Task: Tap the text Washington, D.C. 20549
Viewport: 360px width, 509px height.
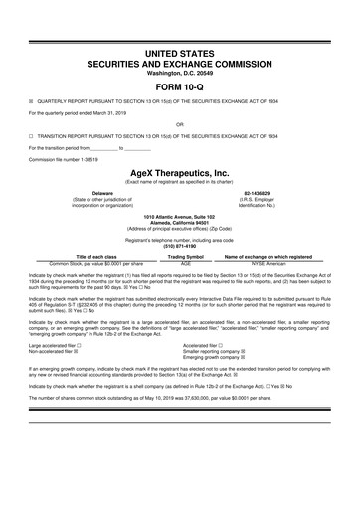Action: (x=179, y=72)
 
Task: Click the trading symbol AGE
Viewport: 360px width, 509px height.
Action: (x=186, y=263)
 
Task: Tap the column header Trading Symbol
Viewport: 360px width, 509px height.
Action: (x=186, y=257)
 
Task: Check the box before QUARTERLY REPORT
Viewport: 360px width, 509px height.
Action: (x=31, y=100)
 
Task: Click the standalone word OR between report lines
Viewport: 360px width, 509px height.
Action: (x=179, y=125)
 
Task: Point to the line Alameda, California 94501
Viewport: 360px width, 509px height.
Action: (x=179, y=222)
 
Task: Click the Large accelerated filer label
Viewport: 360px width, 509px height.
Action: (x=56, y=345)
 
